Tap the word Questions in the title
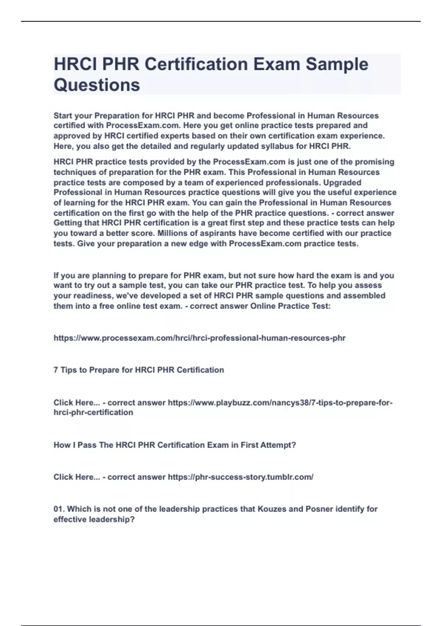pyautogui.click(x=97, y=85)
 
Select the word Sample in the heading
pyautogui.click(x=337, y=64)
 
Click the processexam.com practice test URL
pyautogui.click(x=199, y=338)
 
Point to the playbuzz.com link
pyautogui.click(x=280, y=403)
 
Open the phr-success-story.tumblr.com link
pyautogui.click(x=241, y=477)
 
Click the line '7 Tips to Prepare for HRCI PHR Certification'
pyautogui.click(x=138, y=370)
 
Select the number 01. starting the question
pyautogui.click(x=59, y=509)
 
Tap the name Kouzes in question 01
pyautogui.click(x=271, y=509)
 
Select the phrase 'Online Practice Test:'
pyautogui.click(x=290, y=306)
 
